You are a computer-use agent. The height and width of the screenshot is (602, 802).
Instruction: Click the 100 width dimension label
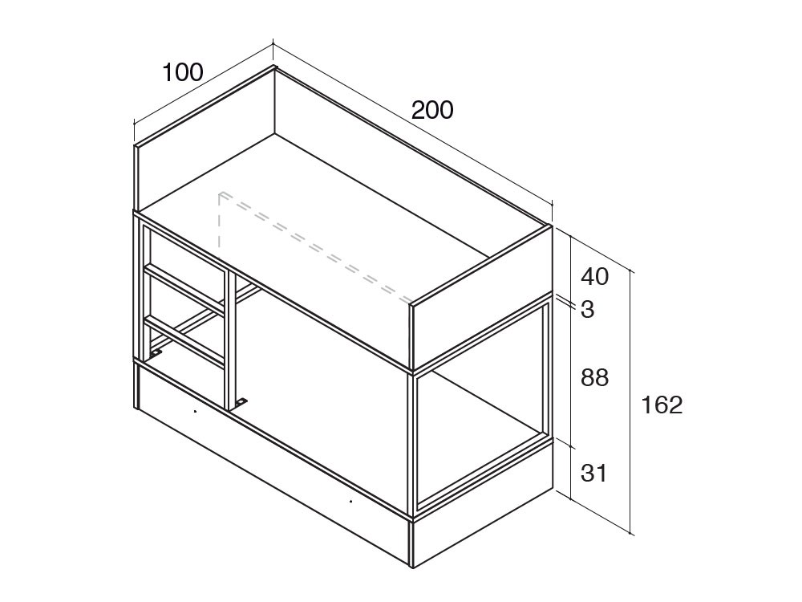(x=183, y=73)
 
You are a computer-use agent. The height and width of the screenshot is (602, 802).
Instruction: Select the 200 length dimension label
(x=432, y=111)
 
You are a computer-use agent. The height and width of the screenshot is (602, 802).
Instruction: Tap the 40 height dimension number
(x=595, y=277)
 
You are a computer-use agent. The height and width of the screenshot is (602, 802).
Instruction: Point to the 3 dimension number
(x=588, y=309)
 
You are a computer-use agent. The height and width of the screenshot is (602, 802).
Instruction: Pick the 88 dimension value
(x=595, y=378)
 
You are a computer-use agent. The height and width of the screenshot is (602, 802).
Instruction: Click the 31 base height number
(x=593, y=473)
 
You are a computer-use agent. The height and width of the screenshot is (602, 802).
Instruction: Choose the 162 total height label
(x=662, y=405)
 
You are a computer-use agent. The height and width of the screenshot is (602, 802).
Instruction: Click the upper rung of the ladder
(x=184, y=287)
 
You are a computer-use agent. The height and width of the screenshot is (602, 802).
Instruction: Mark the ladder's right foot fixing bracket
(x=241, y=403)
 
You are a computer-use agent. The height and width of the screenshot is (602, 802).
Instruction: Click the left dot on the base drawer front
(x=195, y=411)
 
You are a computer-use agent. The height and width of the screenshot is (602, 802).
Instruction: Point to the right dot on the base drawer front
(x=351, y=501)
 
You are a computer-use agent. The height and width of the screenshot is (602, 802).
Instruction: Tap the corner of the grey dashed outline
(x=220, y=194)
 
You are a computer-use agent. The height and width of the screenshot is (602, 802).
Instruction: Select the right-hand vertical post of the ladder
(x=229, y=339)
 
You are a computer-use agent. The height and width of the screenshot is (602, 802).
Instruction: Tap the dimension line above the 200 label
(x=413, y=124)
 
